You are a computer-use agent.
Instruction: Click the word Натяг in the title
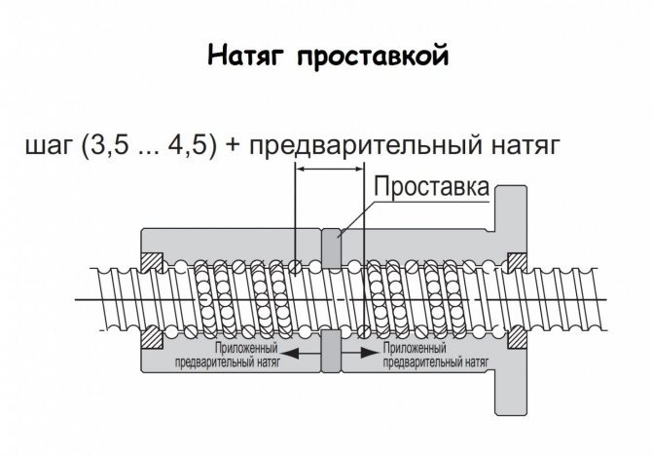point(246,56)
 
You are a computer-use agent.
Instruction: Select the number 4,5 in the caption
point(187,145)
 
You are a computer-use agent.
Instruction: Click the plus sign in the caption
point(234,146)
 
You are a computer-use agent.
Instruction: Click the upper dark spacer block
point(332,248)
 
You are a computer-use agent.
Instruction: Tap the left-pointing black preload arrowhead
point(292,353)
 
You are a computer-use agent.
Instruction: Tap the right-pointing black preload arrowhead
point(368,353)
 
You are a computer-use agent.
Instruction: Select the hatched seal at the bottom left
point(152,336)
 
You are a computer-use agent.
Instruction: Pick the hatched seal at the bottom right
point(518,336)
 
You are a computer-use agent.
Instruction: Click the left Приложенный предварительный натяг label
point(228,355)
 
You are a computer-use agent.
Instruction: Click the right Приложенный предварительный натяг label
point(435,355)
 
